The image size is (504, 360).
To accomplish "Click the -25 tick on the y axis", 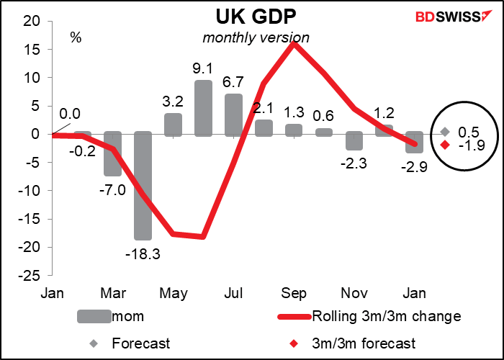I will [x=33, y=274].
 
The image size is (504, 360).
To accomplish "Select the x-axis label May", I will [x=173, y=294].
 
